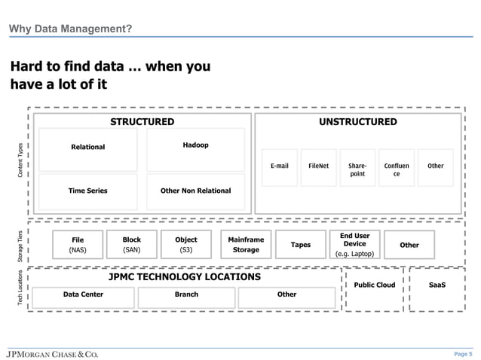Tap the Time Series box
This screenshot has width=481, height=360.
point(88,191)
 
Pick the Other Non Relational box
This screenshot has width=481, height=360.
point(195,191)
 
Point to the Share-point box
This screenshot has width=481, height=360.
point(357,169)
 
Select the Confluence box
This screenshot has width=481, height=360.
point(397,169)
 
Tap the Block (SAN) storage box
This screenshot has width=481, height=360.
point(132,245)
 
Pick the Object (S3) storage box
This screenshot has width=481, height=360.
point(185,245)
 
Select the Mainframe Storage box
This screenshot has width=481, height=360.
point(246,245)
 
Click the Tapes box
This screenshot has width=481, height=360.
point(301,245)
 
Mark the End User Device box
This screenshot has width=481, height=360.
point(354,245)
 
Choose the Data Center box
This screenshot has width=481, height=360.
point(83,295)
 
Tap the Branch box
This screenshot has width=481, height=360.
point(186,295)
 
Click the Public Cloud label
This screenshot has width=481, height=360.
point(374,285)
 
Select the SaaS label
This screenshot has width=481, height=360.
point(437,285)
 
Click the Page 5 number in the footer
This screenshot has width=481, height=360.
point(463,353)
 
